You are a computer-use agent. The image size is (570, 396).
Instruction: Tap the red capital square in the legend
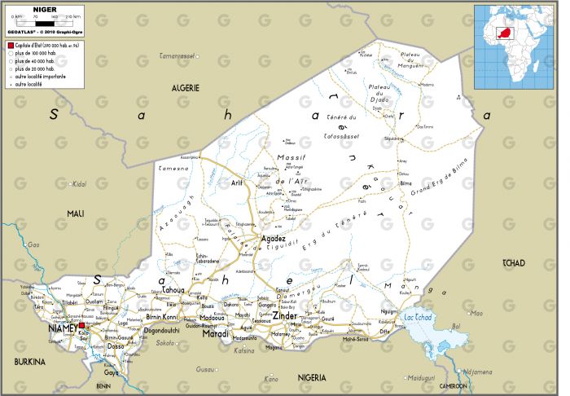tap(10, 46)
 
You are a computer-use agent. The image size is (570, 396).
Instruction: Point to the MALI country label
tap(76, 213)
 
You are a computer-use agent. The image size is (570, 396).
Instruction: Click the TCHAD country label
tap(515, 262)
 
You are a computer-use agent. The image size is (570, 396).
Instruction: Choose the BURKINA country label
tap(29, 360)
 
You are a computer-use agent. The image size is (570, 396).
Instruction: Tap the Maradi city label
tap(215, 333)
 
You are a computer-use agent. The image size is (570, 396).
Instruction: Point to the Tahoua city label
tap(173, 289)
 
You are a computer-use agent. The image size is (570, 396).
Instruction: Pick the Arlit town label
tap(237, 183)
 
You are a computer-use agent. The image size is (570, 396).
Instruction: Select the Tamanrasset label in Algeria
tap(178, 56)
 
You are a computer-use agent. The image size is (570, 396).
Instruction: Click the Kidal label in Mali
tap(79, 184)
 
